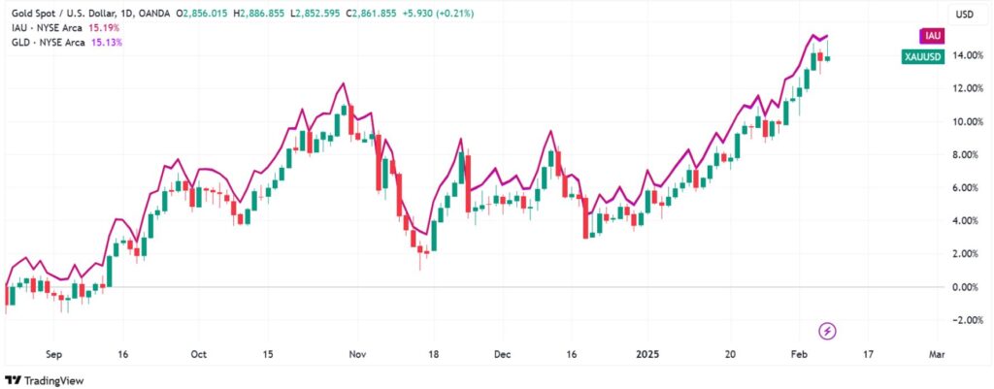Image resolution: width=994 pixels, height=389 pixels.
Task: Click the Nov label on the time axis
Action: pos(356,354)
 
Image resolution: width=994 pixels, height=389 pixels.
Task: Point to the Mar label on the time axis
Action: pos(937,354)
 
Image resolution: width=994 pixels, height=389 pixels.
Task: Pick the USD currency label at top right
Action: pos(965,15)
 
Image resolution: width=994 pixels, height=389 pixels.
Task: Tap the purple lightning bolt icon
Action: pos(827,331)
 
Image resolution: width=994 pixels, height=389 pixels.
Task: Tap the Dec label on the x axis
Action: pos(500,354)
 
